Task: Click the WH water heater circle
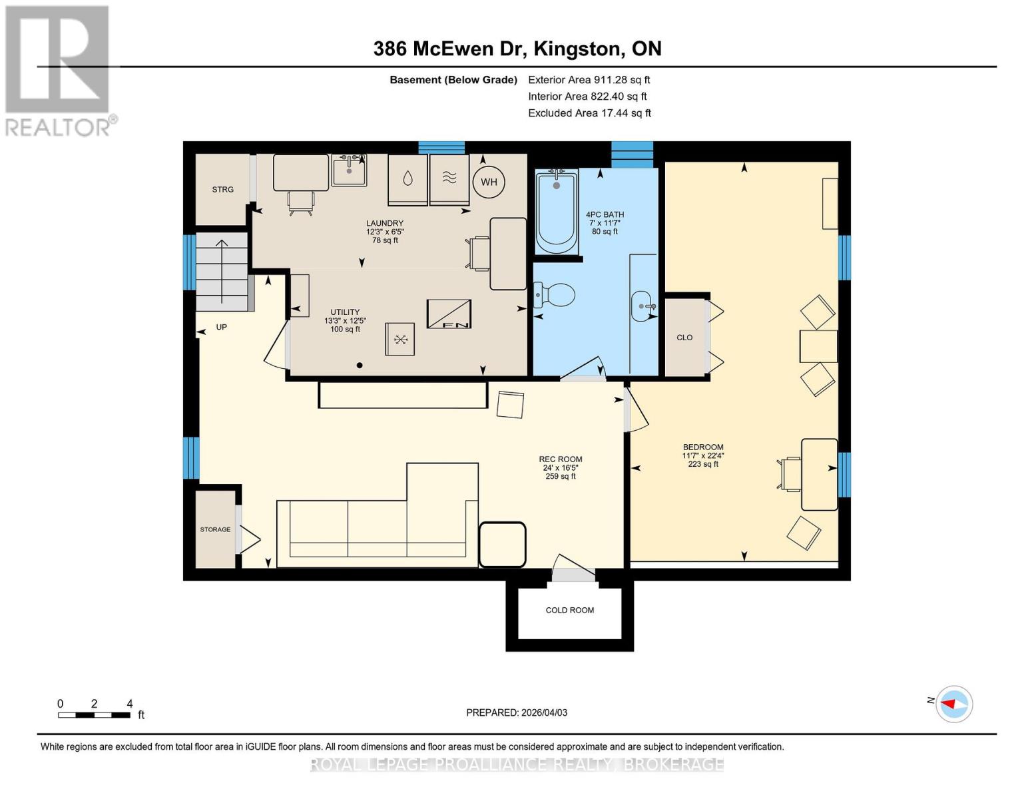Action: [x=489, y=182]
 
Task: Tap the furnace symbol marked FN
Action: [x=449, y=314]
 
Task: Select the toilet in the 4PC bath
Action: [x=556, y=295]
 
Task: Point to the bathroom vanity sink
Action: [x=643, y=306]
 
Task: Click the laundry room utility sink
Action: [x=349, y=170]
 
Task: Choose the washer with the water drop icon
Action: [x=407, y=179]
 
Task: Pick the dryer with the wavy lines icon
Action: [x=449, y=179]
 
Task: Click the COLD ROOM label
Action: [x=569, y=610]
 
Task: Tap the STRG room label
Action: [x=222, y=190]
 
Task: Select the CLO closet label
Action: [x=684, y=338]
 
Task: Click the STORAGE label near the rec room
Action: [x=215, y=529]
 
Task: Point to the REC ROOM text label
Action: [x=560, y=459]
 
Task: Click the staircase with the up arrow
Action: [x=222, y=272]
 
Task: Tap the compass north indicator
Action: [x=954, y=704]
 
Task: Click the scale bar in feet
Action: [x=94, y=715]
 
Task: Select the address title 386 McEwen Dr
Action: [x=517, y=49]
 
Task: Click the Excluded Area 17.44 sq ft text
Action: [x=589, y=113]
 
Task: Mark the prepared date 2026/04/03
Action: [x=517, y=712]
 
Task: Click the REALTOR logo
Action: [x=59, y=70]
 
